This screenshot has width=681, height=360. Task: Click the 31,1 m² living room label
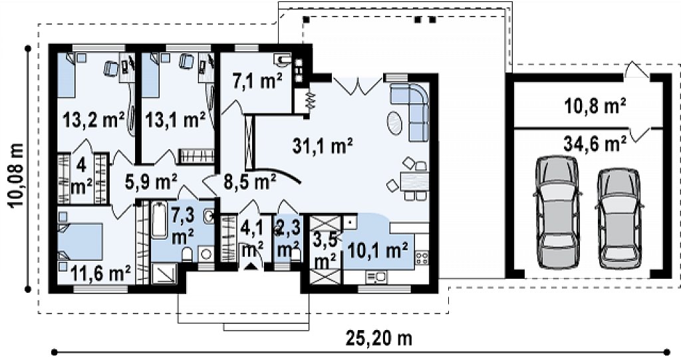322,146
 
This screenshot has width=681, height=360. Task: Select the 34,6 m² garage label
595,143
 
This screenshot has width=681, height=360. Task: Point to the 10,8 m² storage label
595,106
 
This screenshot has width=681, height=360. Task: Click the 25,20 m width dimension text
379,337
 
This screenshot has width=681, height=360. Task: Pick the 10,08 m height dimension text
16,175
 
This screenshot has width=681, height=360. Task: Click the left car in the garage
558,212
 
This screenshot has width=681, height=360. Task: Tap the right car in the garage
618,219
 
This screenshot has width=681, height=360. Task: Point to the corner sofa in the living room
410,110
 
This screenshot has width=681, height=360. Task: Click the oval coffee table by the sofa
394,123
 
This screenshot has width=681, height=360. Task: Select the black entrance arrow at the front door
251,266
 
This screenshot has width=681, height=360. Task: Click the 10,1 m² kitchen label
378,250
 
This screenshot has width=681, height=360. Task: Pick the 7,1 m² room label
257,81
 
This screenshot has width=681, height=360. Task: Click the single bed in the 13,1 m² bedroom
151,75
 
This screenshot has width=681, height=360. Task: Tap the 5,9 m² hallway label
151,181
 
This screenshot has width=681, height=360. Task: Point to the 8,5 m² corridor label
250,182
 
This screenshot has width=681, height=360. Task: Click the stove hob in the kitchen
421,258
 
